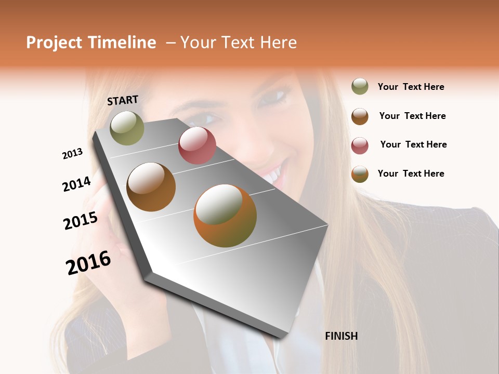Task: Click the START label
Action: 123,100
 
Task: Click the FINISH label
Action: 341,336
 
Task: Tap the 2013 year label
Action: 72,154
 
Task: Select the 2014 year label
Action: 76,184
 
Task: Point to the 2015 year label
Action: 81,220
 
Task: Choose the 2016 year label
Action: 88,263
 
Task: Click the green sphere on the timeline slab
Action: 127,128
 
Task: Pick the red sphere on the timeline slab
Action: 197,145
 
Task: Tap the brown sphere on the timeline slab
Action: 151,186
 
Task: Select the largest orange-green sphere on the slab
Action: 225,216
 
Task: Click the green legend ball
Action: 360,86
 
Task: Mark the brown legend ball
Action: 360,116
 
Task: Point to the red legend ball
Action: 360,145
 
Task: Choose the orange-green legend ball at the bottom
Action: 360,174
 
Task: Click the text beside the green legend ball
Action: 411,87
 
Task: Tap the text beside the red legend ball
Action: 413,144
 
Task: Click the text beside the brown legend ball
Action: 412,116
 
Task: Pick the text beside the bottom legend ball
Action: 411,173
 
